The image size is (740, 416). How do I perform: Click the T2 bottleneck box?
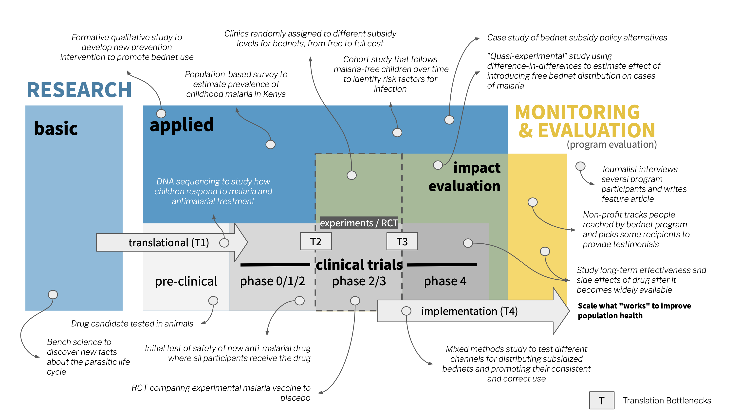coord(316,242)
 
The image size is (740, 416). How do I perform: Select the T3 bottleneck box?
coord(402,242)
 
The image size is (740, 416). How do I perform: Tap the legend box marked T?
coord(602,400)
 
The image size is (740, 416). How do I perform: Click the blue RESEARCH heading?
coord(79,90)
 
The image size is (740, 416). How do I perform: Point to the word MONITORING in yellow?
coord(577,112)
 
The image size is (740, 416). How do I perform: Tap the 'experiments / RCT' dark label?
coord(359,223)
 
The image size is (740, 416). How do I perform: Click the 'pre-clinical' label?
coord(186,281)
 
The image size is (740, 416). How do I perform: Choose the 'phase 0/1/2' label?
coord(272,281)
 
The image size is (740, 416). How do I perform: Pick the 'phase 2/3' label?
coord(359,281)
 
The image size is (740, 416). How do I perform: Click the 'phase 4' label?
coord(445,281)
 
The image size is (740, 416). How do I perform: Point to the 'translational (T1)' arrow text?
coord(169,243)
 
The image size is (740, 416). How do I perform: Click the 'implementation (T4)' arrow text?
coord(469,311)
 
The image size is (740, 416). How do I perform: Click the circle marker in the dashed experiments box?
coord(351,175)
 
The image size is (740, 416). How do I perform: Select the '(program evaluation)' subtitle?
coord(611,145)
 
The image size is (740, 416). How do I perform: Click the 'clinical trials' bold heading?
coord(359,265)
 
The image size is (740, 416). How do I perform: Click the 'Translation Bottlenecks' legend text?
coord(666,400)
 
